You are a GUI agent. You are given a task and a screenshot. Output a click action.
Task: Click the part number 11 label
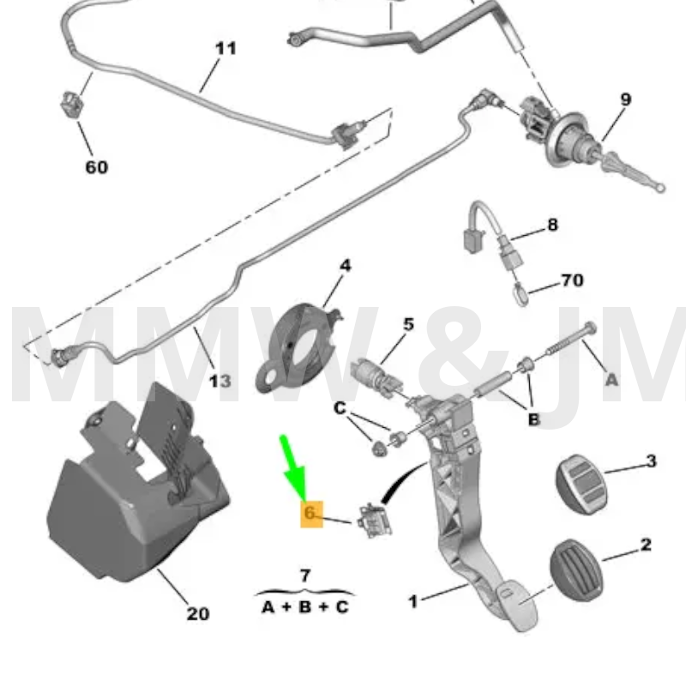[225, 47]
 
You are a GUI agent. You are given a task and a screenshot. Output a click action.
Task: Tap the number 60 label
[96, 166]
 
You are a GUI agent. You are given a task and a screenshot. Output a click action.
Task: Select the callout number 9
[625, 99]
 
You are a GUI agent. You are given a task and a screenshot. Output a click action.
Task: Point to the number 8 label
[552, 225]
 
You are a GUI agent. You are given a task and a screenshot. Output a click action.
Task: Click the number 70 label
[571, 280]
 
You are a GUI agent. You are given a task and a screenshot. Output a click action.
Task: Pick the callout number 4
[345, 266]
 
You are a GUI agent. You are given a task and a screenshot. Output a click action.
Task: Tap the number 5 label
[408, 324]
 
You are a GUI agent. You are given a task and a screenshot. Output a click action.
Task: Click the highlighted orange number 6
[310, 514]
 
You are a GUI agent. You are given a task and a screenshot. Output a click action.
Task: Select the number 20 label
[197, 614]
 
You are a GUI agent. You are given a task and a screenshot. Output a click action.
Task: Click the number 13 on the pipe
[220, 380]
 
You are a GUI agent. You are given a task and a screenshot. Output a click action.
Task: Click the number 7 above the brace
[305, 575]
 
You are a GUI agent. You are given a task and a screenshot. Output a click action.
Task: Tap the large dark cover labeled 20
[129, 489]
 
